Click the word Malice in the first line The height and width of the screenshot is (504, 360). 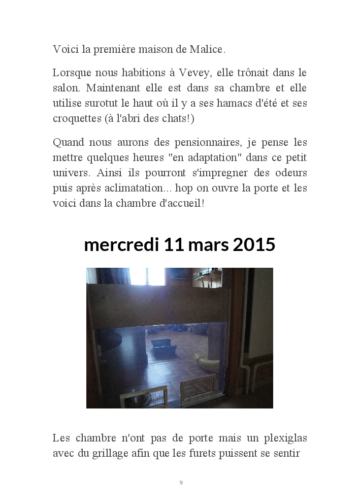(x=207, y=50)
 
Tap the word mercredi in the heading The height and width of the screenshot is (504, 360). (x=121, y=244)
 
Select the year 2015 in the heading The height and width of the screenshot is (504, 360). (x=254, y=244)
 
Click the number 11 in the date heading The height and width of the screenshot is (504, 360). (x=173, y=244)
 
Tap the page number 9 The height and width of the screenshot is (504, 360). (x=181, y=482)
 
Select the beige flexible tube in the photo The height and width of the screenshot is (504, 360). (x=209, y=363)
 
